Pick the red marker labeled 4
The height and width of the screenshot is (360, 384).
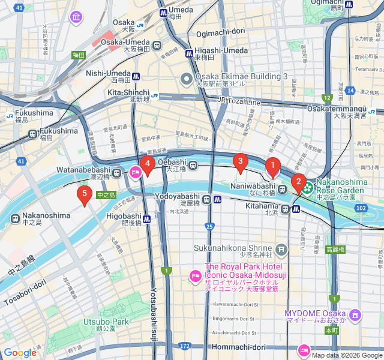(x=147, y=163)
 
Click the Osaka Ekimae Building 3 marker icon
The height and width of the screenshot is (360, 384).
(x=187, y=77)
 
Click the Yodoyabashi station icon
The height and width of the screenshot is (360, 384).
(x=206, y=199)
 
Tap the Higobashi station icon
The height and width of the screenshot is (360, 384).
(x=146, y=219)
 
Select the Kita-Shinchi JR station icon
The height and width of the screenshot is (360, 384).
(x=155, y=95)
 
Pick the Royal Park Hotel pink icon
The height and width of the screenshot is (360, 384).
(x=195, y=276)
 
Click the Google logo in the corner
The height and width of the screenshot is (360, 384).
(x=20, y=353)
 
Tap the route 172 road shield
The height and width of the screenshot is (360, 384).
(x=184, y=347)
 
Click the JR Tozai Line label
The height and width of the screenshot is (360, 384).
(x=239, y=102)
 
